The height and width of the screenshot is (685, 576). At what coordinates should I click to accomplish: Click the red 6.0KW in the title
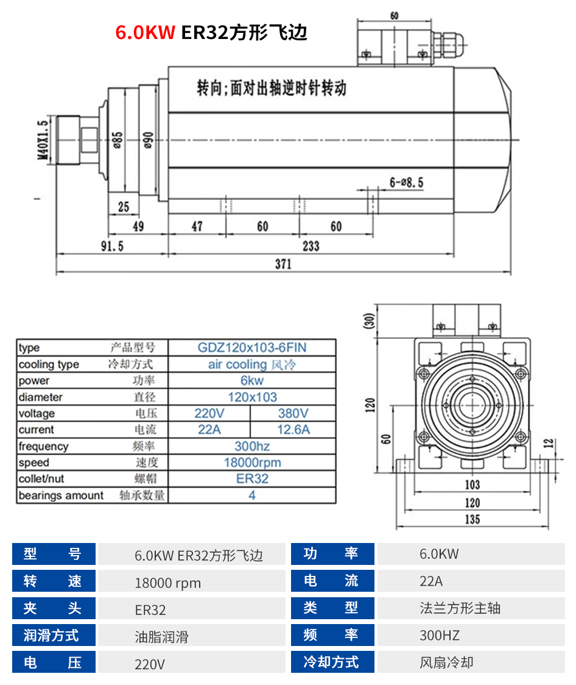[145, 32]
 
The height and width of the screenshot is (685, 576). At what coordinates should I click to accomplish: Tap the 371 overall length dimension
[283, 264]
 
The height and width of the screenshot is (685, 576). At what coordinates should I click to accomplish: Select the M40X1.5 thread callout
[43, 140]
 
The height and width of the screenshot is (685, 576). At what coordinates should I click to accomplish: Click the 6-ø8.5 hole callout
[406, 182]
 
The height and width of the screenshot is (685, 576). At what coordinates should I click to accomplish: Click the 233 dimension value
[311, 246]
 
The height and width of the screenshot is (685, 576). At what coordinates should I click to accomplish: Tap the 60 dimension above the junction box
[395, 16]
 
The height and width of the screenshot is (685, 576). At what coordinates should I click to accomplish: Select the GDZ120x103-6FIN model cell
[252, 348]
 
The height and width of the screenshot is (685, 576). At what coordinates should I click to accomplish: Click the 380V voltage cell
[293, 413]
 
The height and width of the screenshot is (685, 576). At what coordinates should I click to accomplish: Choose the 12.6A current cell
[293, 430]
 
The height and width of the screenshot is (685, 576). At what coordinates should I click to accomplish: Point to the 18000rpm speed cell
[252, 463]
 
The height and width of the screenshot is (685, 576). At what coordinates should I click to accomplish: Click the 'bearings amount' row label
[61, 495]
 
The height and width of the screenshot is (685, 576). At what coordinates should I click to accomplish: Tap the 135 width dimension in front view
[472, 519]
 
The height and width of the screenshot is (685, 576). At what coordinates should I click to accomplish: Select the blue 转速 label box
[54, 581]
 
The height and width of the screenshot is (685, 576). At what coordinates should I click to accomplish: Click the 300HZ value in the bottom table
[440, 636]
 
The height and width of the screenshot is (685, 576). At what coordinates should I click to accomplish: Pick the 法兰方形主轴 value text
[460, 608]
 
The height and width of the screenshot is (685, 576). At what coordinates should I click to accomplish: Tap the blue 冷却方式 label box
[332, 662]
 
